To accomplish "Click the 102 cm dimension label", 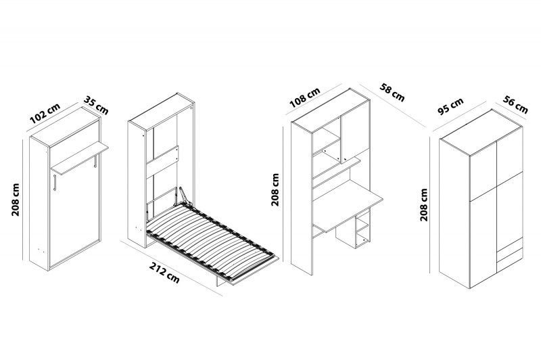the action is pos(45,113).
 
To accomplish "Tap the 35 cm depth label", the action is pos(96,106).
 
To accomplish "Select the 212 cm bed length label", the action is pos(164,273).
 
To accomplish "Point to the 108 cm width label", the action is pos(305,97).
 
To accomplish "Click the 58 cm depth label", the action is pos(392,92).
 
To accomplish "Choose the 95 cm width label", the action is pos(450,106).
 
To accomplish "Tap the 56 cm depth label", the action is pos(515,105).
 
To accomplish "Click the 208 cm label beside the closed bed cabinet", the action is pos(16,200).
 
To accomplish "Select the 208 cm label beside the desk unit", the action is pos(275,189).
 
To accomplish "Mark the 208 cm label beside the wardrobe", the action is pos(424,204).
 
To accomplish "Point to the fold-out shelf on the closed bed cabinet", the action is pos(80,158).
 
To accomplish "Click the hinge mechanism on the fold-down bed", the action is pos(185,196).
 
